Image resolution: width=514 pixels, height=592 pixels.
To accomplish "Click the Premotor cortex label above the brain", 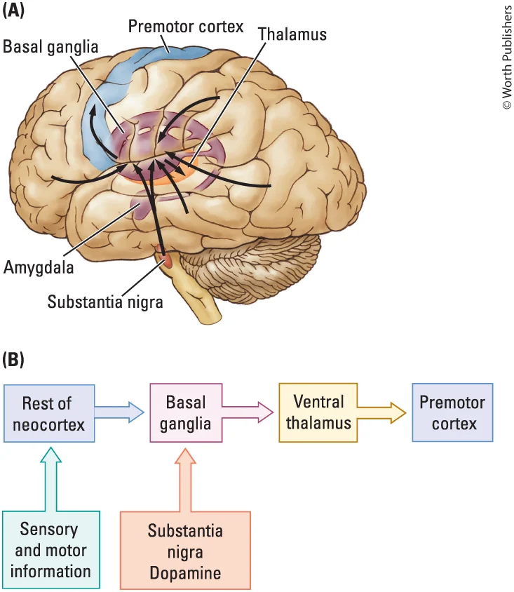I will pos(185,27).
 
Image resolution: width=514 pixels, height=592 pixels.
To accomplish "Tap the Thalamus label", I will pos(292,33).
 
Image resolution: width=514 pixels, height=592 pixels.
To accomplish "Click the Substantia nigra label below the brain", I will pos(105,302).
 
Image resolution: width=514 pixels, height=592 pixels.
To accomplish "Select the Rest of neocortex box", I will pos(49,413).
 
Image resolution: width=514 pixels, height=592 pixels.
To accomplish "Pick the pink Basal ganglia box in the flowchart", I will pos(186,412).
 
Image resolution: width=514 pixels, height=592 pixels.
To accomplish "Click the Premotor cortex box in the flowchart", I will pos(452,412).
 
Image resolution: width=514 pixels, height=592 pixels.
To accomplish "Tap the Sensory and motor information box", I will pos(50,549).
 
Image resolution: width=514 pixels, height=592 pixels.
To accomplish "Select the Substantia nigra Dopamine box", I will pos(185,551).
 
